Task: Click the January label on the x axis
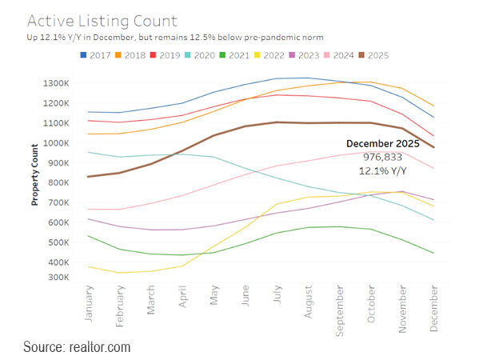tap(88, 304)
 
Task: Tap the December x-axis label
tap(433, 307)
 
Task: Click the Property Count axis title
tap(36, 174)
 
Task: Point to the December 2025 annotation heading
tap(382, 143)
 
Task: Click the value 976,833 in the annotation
tap(382, 157)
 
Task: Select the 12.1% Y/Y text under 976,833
tap(382, 170)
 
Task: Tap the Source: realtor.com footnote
tap(77, 347)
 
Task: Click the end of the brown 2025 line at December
tap(433, 147)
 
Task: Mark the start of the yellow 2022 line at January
tap(88, 266)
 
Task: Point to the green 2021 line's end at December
tap(433, 253)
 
